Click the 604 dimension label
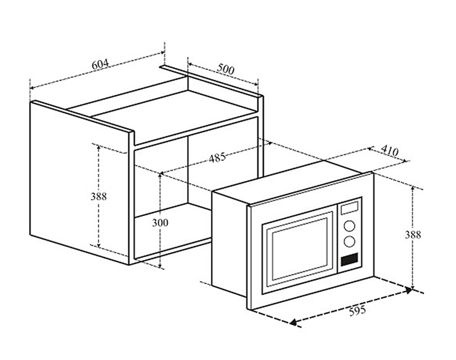coord(100,64)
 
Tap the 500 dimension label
coord(225,69)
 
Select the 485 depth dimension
coord(217,157)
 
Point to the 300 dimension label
coord(160,223)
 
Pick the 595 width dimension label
coord(357,311)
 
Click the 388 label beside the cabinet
coord(99,196)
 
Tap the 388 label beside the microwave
coord(413,234)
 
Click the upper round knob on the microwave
coord(349,226)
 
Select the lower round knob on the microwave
coord(349,242)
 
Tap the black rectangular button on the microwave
coord(349,259)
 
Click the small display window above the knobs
coord(349,208)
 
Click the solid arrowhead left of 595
coord(293,322)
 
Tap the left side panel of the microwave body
coord(230,244)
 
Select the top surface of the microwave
coord(292,182)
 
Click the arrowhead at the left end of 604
coord(31,88)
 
